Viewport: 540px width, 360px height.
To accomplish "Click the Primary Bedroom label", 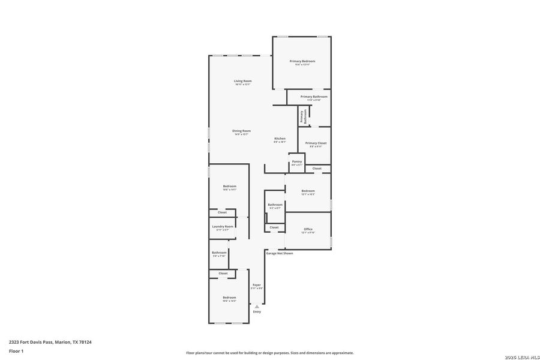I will pos(302,61).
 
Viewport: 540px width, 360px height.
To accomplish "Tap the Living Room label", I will pos(242,81).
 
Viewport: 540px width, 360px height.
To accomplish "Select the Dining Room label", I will pos(241,131).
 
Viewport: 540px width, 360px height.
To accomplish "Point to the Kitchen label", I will pos(280,139).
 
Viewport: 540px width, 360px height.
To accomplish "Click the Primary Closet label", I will pos(316,143).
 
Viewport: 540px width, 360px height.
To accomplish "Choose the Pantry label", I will pos(296,161).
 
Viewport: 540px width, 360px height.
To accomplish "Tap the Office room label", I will pos(308,229).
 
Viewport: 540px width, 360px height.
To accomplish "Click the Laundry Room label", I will pos(223,226).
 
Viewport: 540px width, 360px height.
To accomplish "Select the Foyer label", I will pos(256,285).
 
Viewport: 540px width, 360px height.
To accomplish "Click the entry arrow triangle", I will pos(257,307).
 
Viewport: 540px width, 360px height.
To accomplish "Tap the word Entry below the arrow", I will pos(257,312).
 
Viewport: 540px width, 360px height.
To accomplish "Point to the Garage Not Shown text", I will pos(280,253).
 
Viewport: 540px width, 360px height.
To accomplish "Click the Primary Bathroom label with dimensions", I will pos(314,97).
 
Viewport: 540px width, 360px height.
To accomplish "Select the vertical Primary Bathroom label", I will pos(303,116).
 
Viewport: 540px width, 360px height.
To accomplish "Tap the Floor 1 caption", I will pos(16,350).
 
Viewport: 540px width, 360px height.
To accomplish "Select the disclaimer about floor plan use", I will pos(269,353).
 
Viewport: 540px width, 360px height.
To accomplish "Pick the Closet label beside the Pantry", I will pos(317,169).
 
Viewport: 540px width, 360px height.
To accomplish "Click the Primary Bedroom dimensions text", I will pos(302,65).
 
